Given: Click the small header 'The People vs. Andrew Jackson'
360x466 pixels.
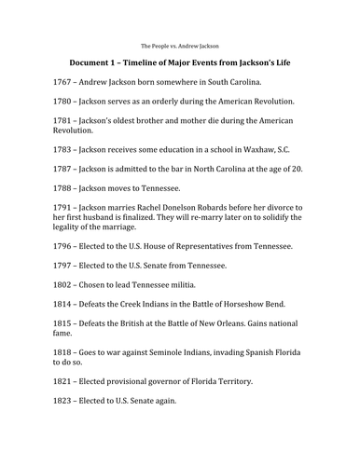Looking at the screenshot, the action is [x=179, y=44].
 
